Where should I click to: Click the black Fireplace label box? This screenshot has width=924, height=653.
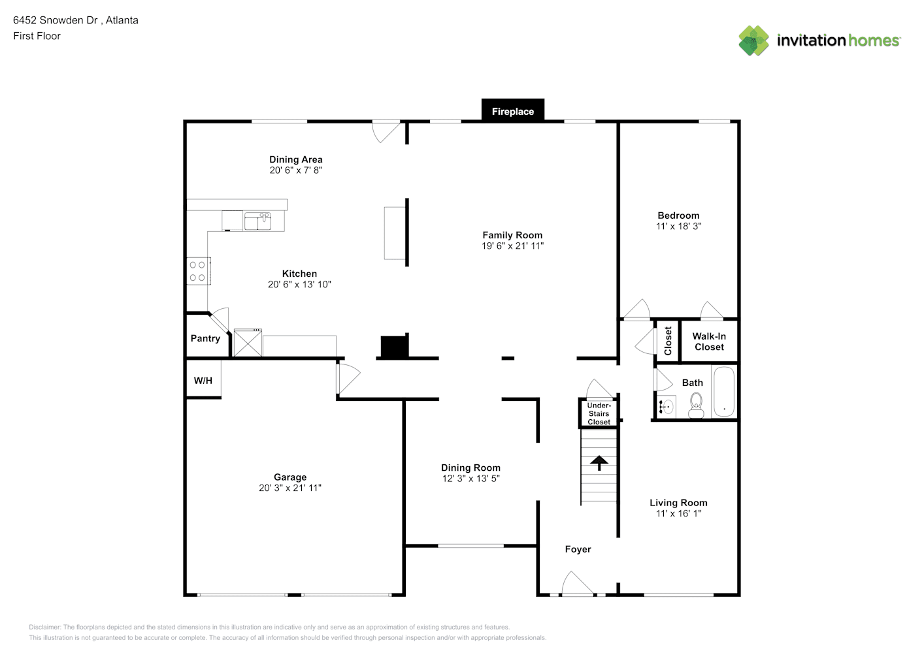(513, 110)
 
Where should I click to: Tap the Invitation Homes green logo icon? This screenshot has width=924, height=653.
(753, 40)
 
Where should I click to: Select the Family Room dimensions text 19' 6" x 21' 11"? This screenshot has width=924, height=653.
(512, 246)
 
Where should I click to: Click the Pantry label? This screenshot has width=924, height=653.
(205, 338)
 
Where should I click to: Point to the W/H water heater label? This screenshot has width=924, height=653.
(203, 381)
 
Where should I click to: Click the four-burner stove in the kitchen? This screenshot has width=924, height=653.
(199, 271)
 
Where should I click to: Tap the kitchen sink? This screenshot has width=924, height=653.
(257, 221)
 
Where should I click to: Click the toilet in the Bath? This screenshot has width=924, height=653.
(696, 406)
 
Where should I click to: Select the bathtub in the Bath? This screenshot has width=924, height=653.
(724, 392)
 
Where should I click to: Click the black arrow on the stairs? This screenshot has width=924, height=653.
(599, 462)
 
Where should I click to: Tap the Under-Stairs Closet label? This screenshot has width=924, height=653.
(599, 413)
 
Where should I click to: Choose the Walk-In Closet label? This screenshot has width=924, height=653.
(708, 342)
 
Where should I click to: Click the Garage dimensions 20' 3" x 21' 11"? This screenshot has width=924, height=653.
(290, 488)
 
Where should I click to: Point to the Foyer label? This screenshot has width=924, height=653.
(578, 549)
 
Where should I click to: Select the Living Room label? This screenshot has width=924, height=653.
(678, 503)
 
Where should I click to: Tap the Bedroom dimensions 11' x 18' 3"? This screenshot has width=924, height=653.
(678, 227)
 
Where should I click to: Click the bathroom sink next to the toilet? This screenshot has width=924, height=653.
(666, 407)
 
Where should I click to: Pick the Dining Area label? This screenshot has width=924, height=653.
(296, 159)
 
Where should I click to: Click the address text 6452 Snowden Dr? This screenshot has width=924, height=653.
(56, 20)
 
